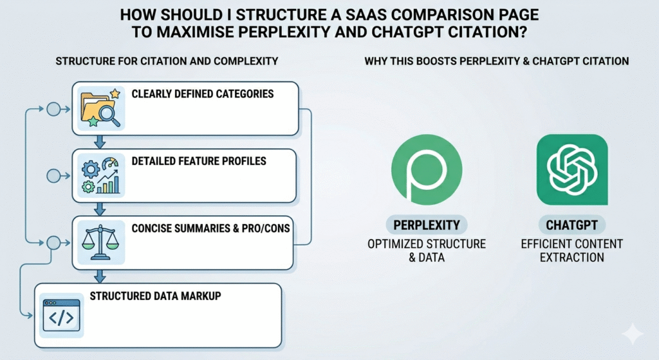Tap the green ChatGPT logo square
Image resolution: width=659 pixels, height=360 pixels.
click(x=572, y=169)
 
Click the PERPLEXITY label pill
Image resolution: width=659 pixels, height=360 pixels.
click(x=426, y=226)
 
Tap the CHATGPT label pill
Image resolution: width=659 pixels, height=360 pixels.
click(x=572, y=226)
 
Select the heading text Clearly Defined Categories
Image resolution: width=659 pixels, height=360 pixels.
click(x=202, y=94)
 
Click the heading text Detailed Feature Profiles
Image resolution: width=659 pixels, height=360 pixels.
click(x=199, y=161)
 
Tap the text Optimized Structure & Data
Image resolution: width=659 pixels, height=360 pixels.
click(x=426, y=251)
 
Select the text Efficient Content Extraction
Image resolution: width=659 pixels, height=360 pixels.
click(x=572, y=251)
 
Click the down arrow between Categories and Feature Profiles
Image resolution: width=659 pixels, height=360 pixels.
click(x=98, y=141)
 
